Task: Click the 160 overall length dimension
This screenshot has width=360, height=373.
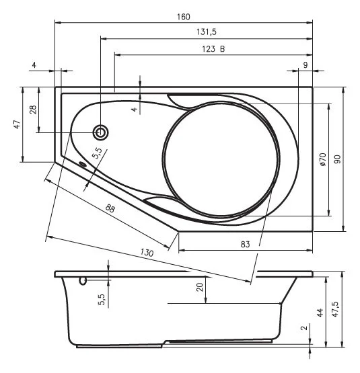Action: [184, 16]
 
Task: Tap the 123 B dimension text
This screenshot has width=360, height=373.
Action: [213, 48]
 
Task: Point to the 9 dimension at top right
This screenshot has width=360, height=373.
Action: [305, 65]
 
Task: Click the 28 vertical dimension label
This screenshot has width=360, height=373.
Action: [32, 110]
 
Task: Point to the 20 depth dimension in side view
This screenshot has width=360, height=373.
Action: [200, 287]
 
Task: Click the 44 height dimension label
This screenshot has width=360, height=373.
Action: [320, 313]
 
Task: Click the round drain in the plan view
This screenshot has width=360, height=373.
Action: [101, 132]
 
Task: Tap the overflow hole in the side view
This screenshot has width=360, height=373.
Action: [83, 280]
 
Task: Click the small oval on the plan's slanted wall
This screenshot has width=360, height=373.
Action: [83, 163]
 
